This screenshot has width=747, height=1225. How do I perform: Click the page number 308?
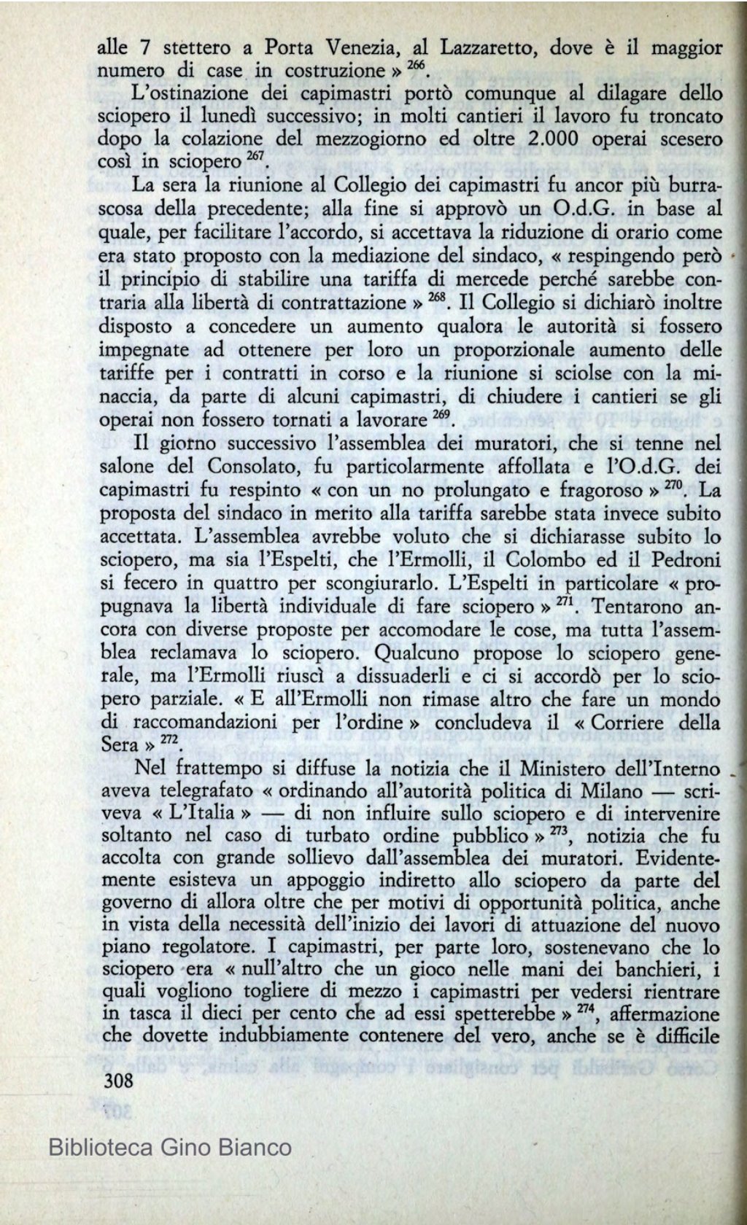pos(118,1080)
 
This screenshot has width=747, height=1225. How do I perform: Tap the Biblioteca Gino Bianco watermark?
pos(170,1148)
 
